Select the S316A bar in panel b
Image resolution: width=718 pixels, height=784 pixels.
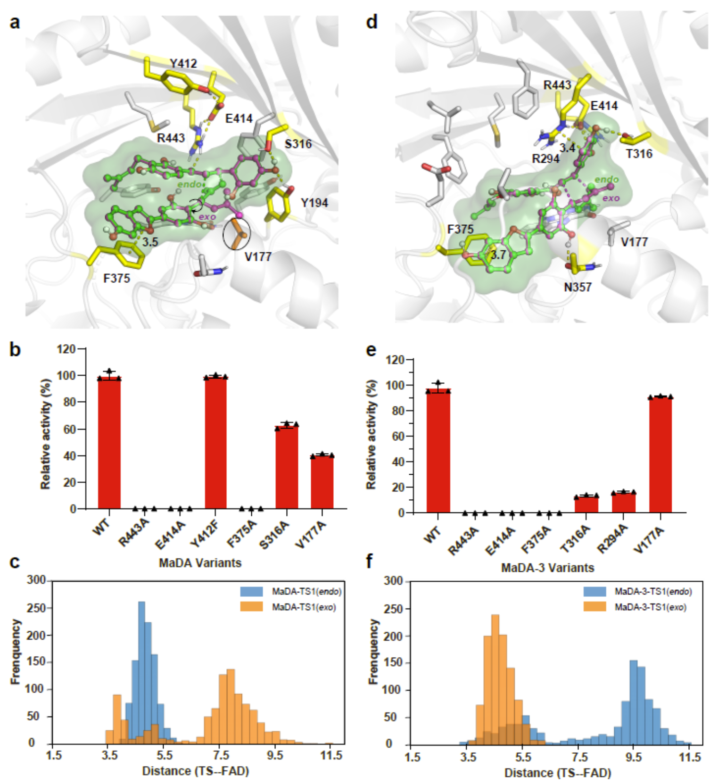pyautogui.click(x=287, y=467)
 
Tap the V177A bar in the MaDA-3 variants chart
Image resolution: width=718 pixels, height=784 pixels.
pyautogui.click(x=660, y=454)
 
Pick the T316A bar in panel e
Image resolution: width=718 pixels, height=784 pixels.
pyautogui.click(x=586, y=504)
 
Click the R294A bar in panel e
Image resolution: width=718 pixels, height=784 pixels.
pyautogui.click(x=623, y=503)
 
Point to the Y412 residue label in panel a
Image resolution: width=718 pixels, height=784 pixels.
pyautogui.click(x=183, y=63)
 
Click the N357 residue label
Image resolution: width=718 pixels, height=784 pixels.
pyautogui.click(x=578, y=287)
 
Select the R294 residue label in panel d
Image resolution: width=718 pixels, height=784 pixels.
pyautogui.click(x=545, y=159)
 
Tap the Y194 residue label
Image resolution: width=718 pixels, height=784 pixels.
pyautogui.click(x=314, y=203)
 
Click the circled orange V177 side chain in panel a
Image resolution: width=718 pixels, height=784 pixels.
pyautogui.click(x=237, y=234)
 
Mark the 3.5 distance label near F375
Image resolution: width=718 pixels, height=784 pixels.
pyautogui.click(x=150, y=242)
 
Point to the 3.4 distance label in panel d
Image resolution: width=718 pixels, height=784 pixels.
pyautogui.click(x=567, y=148)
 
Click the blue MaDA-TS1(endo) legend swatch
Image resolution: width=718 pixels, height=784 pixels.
pyautogui.click(x=251, y=591)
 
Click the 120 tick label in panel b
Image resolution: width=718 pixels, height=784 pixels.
pyautogui.click(x=66, y=349)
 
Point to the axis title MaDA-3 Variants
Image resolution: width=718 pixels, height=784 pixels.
pyautogui.click(x=547, y=568)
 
